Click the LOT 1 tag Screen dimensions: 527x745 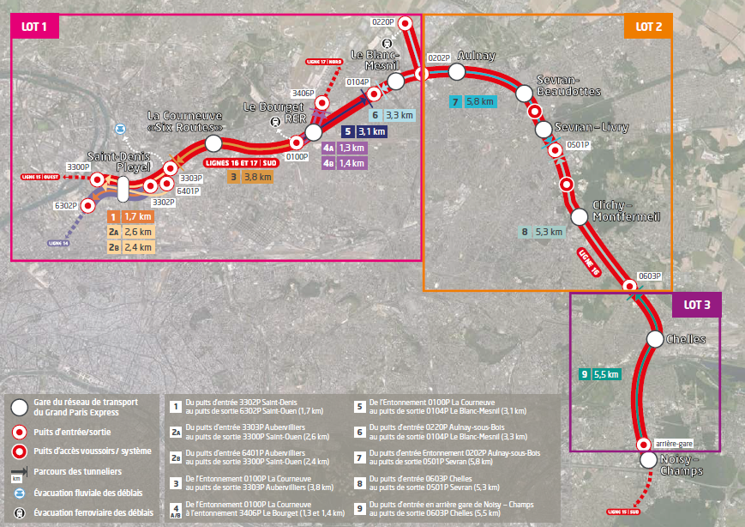click(35, 27)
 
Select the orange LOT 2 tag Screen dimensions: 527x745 click(648, 27)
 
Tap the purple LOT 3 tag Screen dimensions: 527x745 click(697, 304)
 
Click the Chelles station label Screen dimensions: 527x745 click(686, 340)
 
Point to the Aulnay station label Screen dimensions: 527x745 click(477, 56)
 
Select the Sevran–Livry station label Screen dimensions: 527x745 click(592, 127)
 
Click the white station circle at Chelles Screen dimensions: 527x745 click(653, 340)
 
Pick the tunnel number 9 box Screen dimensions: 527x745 click(584, 374)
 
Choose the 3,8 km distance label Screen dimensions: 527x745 click(257, 177)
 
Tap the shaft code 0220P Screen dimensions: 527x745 click(383, 22)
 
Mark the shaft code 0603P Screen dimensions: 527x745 click(649, 276)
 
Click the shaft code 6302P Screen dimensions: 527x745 click(65, 206)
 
